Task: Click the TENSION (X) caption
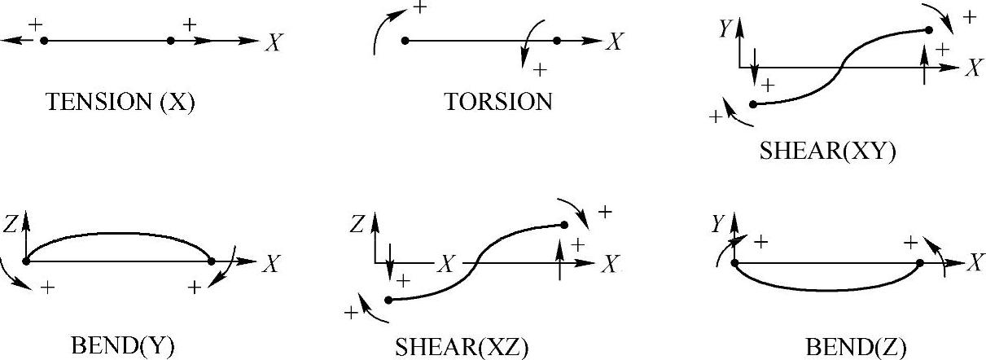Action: [x=121, y=103]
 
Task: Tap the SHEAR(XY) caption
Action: [x=827, y=152]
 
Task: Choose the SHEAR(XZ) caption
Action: [x=462, y=348]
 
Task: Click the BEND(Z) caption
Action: [x=855, y=348]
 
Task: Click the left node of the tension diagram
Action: [x=44, y=40]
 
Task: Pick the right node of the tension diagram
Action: [x=170, y=40]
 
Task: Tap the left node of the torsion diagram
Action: [x=405, y=40]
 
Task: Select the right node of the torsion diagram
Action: [x=557, y=40]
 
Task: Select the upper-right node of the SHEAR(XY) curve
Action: [x=928, y=30]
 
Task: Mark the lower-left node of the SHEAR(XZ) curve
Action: [x=388, y=300]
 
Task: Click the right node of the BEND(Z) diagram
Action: [x=919, y=262]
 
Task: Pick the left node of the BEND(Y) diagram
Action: [x=28, y=261]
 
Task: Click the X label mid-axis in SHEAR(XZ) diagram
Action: [x=447, y=263]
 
